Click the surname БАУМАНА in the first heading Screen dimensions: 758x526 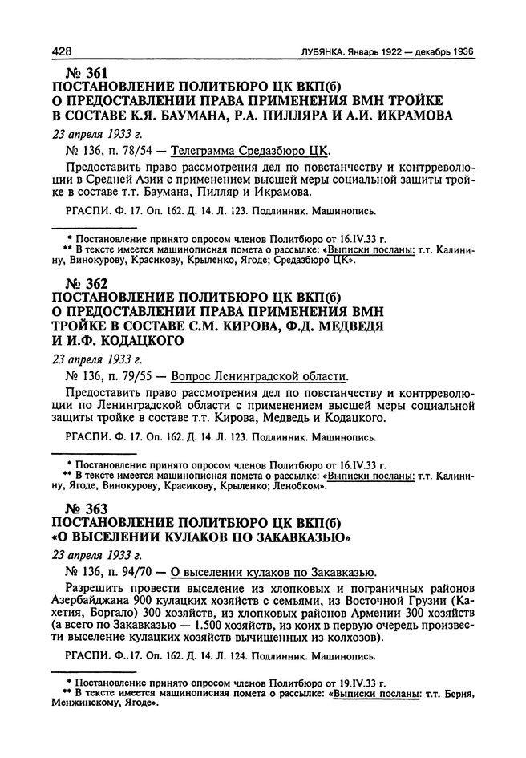[x=200, y=115]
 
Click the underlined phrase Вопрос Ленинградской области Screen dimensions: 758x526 [x=261, y=375]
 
